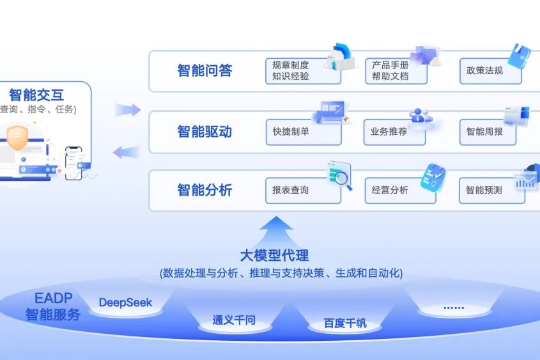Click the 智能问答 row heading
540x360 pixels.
pyautogui.click(x=204, y=70)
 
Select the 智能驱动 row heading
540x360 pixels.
pyautogui.click(x=204, y=132)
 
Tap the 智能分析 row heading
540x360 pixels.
pyautogui.click(x=204, y=190)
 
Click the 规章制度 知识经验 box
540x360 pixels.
pyautogui.click(x=303, y=71)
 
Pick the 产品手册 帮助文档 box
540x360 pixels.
pyautogui.click(x=396, y=71)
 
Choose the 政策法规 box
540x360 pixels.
pyautogui.click(x=490, y=71)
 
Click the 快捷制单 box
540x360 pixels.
pyautogui.click(x=304, y=132)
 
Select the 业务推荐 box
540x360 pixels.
pyautogui.click(x=395, y=132)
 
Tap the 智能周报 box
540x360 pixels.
pyautogui.click(x=488, y=132)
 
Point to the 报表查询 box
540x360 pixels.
pyautogui.click(x=303, y=191)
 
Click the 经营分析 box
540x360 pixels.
pyautogui.click(x=400, y=191)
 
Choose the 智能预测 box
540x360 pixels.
pyautogui.click(x=492, y=191)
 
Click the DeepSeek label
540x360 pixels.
pyautogui.click(x=125, y=302)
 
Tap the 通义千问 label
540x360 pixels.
pyautogui.click(x=234, y=320)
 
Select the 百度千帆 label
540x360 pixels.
pyautogui.click(x=345, y=323)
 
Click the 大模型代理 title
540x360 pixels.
pyautogui.click(x=275, y=256)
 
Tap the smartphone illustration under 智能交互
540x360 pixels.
pyautogui.click(x=73, y=163)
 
